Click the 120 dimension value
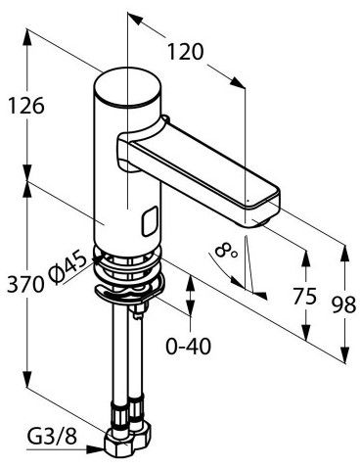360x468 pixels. click(185, 52)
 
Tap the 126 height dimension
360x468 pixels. click(26, 106)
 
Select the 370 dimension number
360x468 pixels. click(25, 284)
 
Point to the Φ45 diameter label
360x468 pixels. click(68, 267)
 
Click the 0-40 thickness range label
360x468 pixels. click(188, 346)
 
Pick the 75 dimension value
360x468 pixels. click(304, 297)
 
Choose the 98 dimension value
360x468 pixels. click(344, 305)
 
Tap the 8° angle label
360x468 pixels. click(226, 252)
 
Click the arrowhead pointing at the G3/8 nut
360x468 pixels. click(95, 449)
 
